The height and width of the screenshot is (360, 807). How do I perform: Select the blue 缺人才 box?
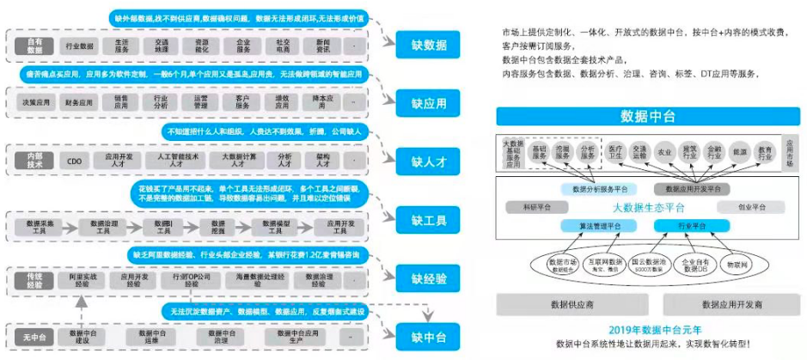(x=429, y=161)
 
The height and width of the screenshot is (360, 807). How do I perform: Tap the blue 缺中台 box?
(x=429, y=336)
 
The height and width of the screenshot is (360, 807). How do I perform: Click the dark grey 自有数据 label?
(x=34, y=44)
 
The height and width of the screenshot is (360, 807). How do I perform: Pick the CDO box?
(x=75, y=161)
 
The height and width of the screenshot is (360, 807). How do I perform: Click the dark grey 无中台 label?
(x=34, y=336)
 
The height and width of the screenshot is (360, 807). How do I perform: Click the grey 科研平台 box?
(x=525, y=207)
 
